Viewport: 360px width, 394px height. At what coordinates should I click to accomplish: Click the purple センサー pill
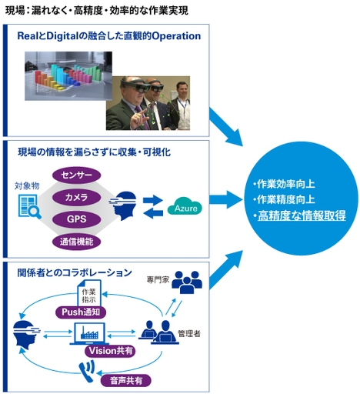point(76,175)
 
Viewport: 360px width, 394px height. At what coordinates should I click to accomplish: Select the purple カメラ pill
point(76,198)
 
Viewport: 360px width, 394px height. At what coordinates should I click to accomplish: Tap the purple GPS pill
point(76,219)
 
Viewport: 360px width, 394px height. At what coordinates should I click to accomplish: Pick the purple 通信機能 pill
point(76,242)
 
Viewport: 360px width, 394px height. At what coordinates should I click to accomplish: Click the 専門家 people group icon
point(186,282)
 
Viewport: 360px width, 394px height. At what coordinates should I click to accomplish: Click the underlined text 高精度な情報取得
point(302,215)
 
